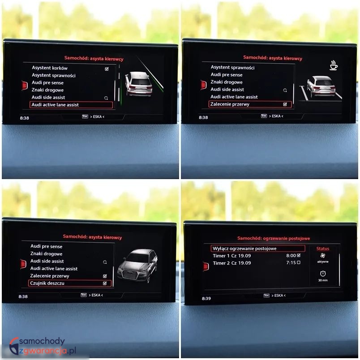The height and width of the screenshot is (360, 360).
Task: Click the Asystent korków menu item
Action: [x=50, y=68]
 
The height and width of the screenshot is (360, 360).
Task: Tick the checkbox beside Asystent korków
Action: [x=107, y=69]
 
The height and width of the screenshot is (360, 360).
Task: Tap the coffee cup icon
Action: [x=334, y=65]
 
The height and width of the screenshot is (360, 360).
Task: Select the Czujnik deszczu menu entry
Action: [x=47, y=283]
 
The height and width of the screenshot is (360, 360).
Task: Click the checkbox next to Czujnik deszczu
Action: [x=105, y=283]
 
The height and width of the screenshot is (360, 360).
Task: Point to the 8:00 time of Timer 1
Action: [x=291, y=256]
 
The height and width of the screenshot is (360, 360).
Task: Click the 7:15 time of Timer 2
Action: [x=291, y=263]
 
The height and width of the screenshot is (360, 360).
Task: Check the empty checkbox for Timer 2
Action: [x=299, y=262]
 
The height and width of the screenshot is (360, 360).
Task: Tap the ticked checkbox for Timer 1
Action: [x=299, y=255]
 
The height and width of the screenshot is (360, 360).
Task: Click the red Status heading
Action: [x=322, y=249]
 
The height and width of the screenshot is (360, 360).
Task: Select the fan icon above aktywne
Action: [x=323, y=256]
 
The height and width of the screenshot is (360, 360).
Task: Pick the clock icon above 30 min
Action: [x=323, y=274]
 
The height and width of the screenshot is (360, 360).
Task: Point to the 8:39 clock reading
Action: [x=206, y=299]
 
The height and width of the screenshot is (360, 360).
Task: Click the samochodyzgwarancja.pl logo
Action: [x=43, y=346]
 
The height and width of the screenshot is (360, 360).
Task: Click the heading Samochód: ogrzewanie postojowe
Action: [x=274, y=238]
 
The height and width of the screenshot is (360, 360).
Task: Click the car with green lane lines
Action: [x=139, y=84]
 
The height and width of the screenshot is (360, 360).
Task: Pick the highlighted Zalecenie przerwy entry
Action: [x=230, y=104]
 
